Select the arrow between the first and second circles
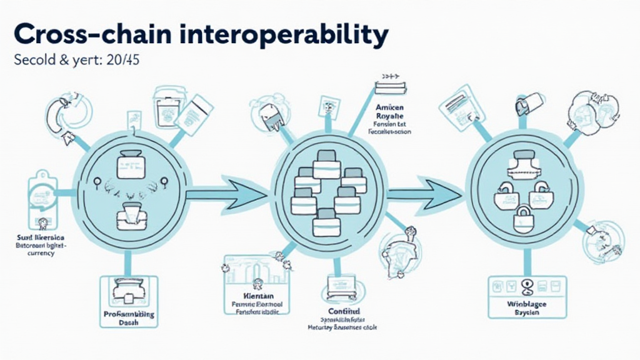pyautogui.click(x=225, y=194)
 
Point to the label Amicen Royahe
pyautogui.click(x=389, y=111)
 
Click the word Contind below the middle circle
pyautogui.click(x=343, y=310)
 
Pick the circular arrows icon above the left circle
pyautogui.click(x=68, y=114)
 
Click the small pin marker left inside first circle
pyautogui.click(x=97, y=182)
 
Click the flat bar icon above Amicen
pyautogui.click(x=386, y=85)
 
